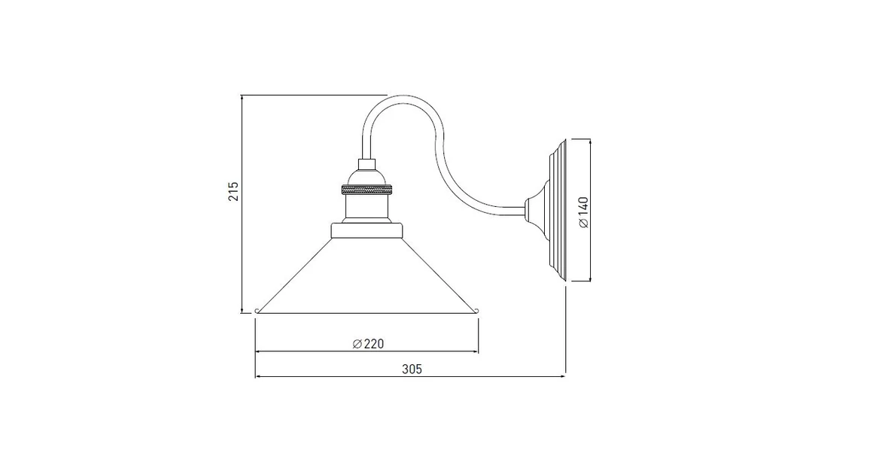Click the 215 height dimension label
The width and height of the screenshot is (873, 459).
coord(233,191)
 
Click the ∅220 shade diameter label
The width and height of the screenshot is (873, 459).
coord(368,344)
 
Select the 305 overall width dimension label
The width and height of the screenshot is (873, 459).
coord(411,369)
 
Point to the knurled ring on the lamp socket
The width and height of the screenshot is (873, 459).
coord(366,187)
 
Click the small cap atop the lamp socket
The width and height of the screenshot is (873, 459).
coord(366,164)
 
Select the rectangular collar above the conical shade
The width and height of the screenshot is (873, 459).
coord(367,229)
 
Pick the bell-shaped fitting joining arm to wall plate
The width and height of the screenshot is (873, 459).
coord(536,210)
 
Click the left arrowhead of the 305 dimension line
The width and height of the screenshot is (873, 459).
coord(260,375)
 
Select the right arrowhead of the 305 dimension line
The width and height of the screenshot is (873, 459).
coord(562,375)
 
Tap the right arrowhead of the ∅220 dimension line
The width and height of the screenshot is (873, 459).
coord(475,351)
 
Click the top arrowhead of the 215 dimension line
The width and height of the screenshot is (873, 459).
coord(242,99)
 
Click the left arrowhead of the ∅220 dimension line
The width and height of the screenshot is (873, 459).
coord(260,351)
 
